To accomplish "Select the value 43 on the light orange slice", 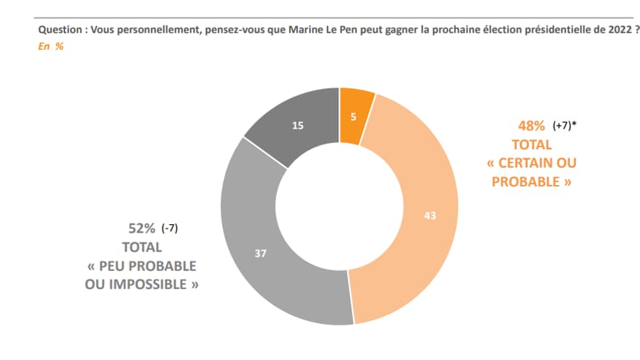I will [x=430, y=215].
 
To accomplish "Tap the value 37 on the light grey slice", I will [x=261, y=254].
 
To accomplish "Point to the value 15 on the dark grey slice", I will [x=297, y=127].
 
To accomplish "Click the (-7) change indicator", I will [x=170, y=229].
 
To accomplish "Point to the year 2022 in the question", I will [x=621, y=30].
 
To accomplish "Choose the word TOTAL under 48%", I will [x=532, y=145].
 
